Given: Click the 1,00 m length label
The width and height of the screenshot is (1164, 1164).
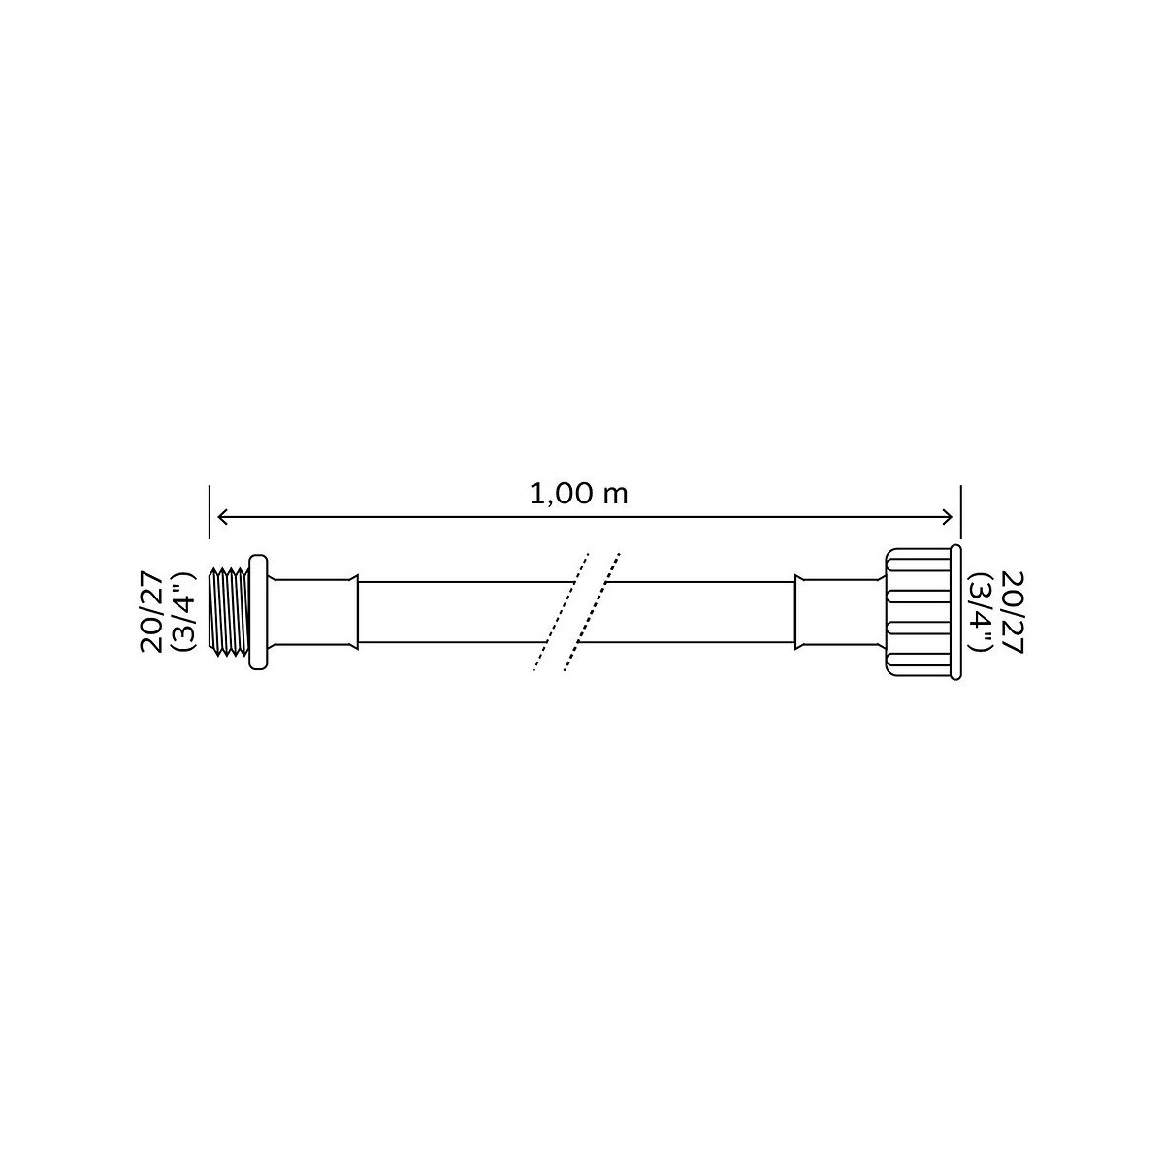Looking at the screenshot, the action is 579,494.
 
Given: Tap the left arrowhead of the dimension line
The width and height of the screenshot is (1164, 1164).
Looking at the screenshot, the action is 222,517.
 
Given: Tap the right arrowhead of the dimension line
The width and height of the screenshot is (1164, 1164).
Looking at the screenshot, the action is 947,517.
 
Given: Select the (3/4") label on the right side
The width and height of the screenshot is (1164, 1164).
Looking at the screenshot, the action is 979,612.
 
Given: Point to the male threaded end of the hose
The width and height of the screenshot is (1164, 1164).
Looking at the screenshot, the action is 233,611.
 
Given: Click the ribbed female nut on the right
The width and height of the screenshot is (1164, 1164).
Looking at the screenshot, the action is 919,612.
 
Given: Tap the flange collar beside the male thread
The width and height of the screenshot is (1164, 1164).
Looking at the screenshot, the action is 258,611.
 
